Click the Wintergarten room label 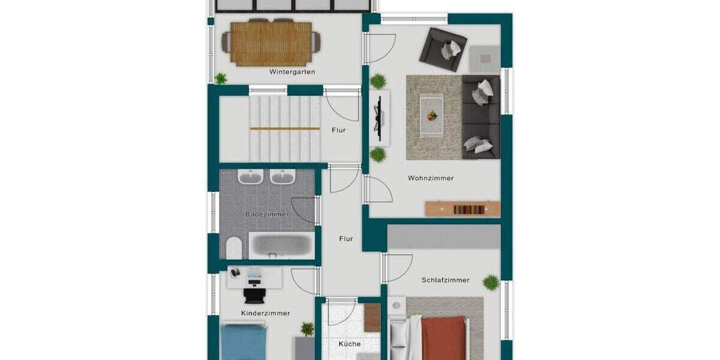pos(292,72)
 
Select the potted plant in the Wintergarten pos(221,78)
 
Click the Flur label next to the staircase pos(338,130)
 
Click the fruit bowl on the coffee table pos(432,115)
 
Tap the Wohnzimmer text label pos(430,178)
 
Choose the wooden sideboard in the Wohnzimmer pos(462,209)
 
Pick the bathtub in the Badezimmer pos(281,245)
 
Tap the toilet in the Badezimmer pos(233,247)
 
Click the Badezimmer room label pos(267,214)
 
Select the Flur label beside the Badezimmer pos(346,239)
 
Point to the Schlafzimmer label pos(445,280)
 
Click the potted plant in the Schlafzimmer pos(491,282)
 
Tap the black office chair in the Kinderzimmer pos(254,294)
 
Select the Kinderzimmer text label pos(265,313)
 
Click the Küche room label pos(349,344)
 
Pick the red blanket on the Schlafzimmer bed pos(443,338)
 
